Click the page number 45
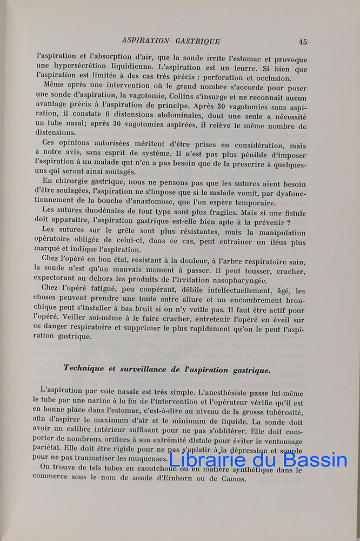(x=302, y=42)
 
